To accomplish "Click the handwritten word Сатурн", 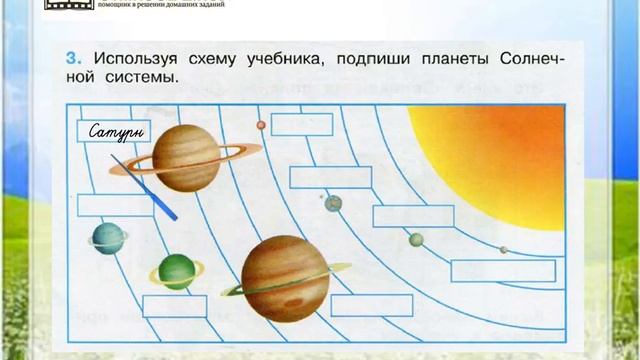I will click(112, 132).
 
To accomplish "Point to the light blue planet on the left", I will click(103, 237).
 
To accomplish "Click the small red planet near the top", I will click(261, 125).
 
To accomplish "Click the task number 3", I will click(73, 57).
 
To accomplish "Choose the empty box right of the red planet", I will click(302, 124).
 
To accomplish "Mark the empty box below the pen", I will click(115, 205).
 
